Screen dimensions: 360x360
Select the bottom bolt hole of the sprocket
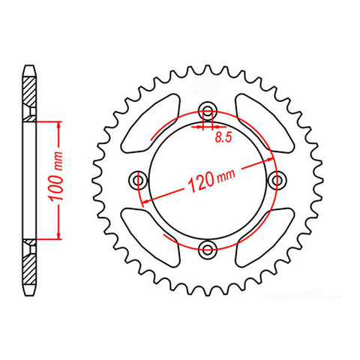[x=208, y=248]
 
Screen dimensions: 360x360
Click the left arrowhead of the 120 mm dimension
[x=147, y=201]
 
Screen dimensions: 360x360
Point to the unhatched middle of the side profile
[x=29, y=179]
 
